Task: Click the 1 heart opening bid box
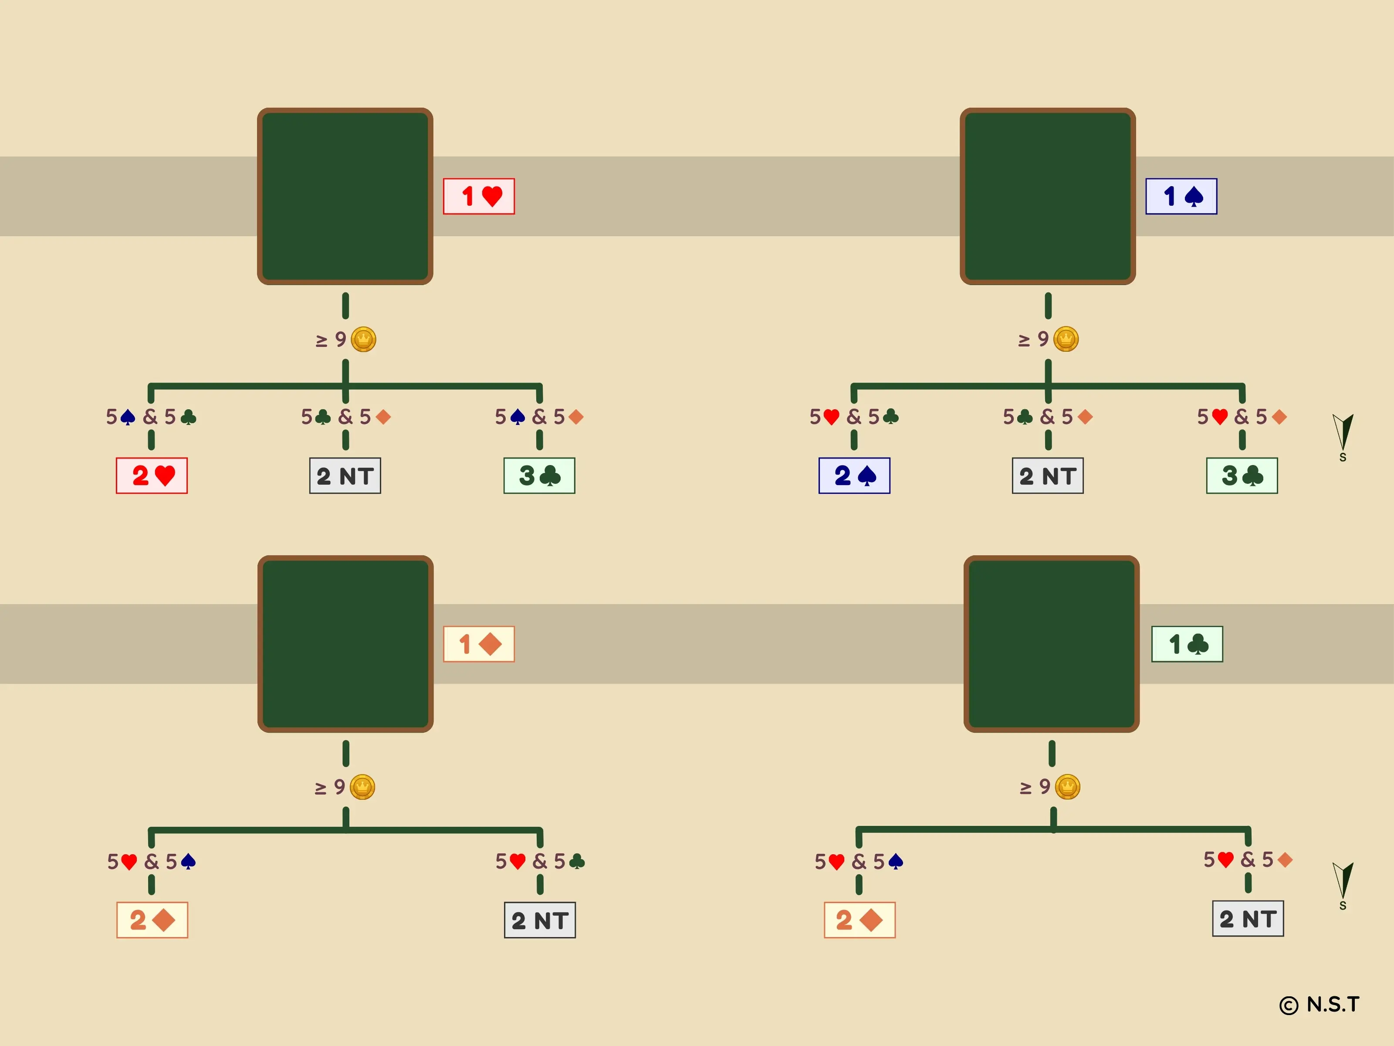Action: coord(478,196)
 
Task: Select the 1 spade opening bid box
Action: coord(1181,196)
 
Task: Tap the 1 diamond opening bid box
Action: coord(478,644)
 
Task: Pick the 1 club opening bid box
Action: coord(1187,644)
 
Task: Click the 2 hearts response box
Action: coord(152,475)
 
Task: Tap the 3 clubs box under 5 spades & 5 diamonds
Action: coord(539,475)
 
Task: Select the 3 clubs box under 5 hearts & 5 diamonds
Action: coord(1242,475)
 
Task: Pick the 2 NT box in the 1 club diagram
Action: coord(1248,919)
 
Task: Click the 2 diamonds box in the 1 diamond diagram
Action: coord(152,920)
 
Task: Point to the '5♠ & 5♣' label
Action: coord(151,417)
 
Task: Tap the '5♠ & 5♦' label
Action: coord(539,417)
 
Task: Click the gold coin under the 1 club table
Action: coord(1068,787)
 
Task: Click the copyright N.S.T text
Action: coord(1320,1005)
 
